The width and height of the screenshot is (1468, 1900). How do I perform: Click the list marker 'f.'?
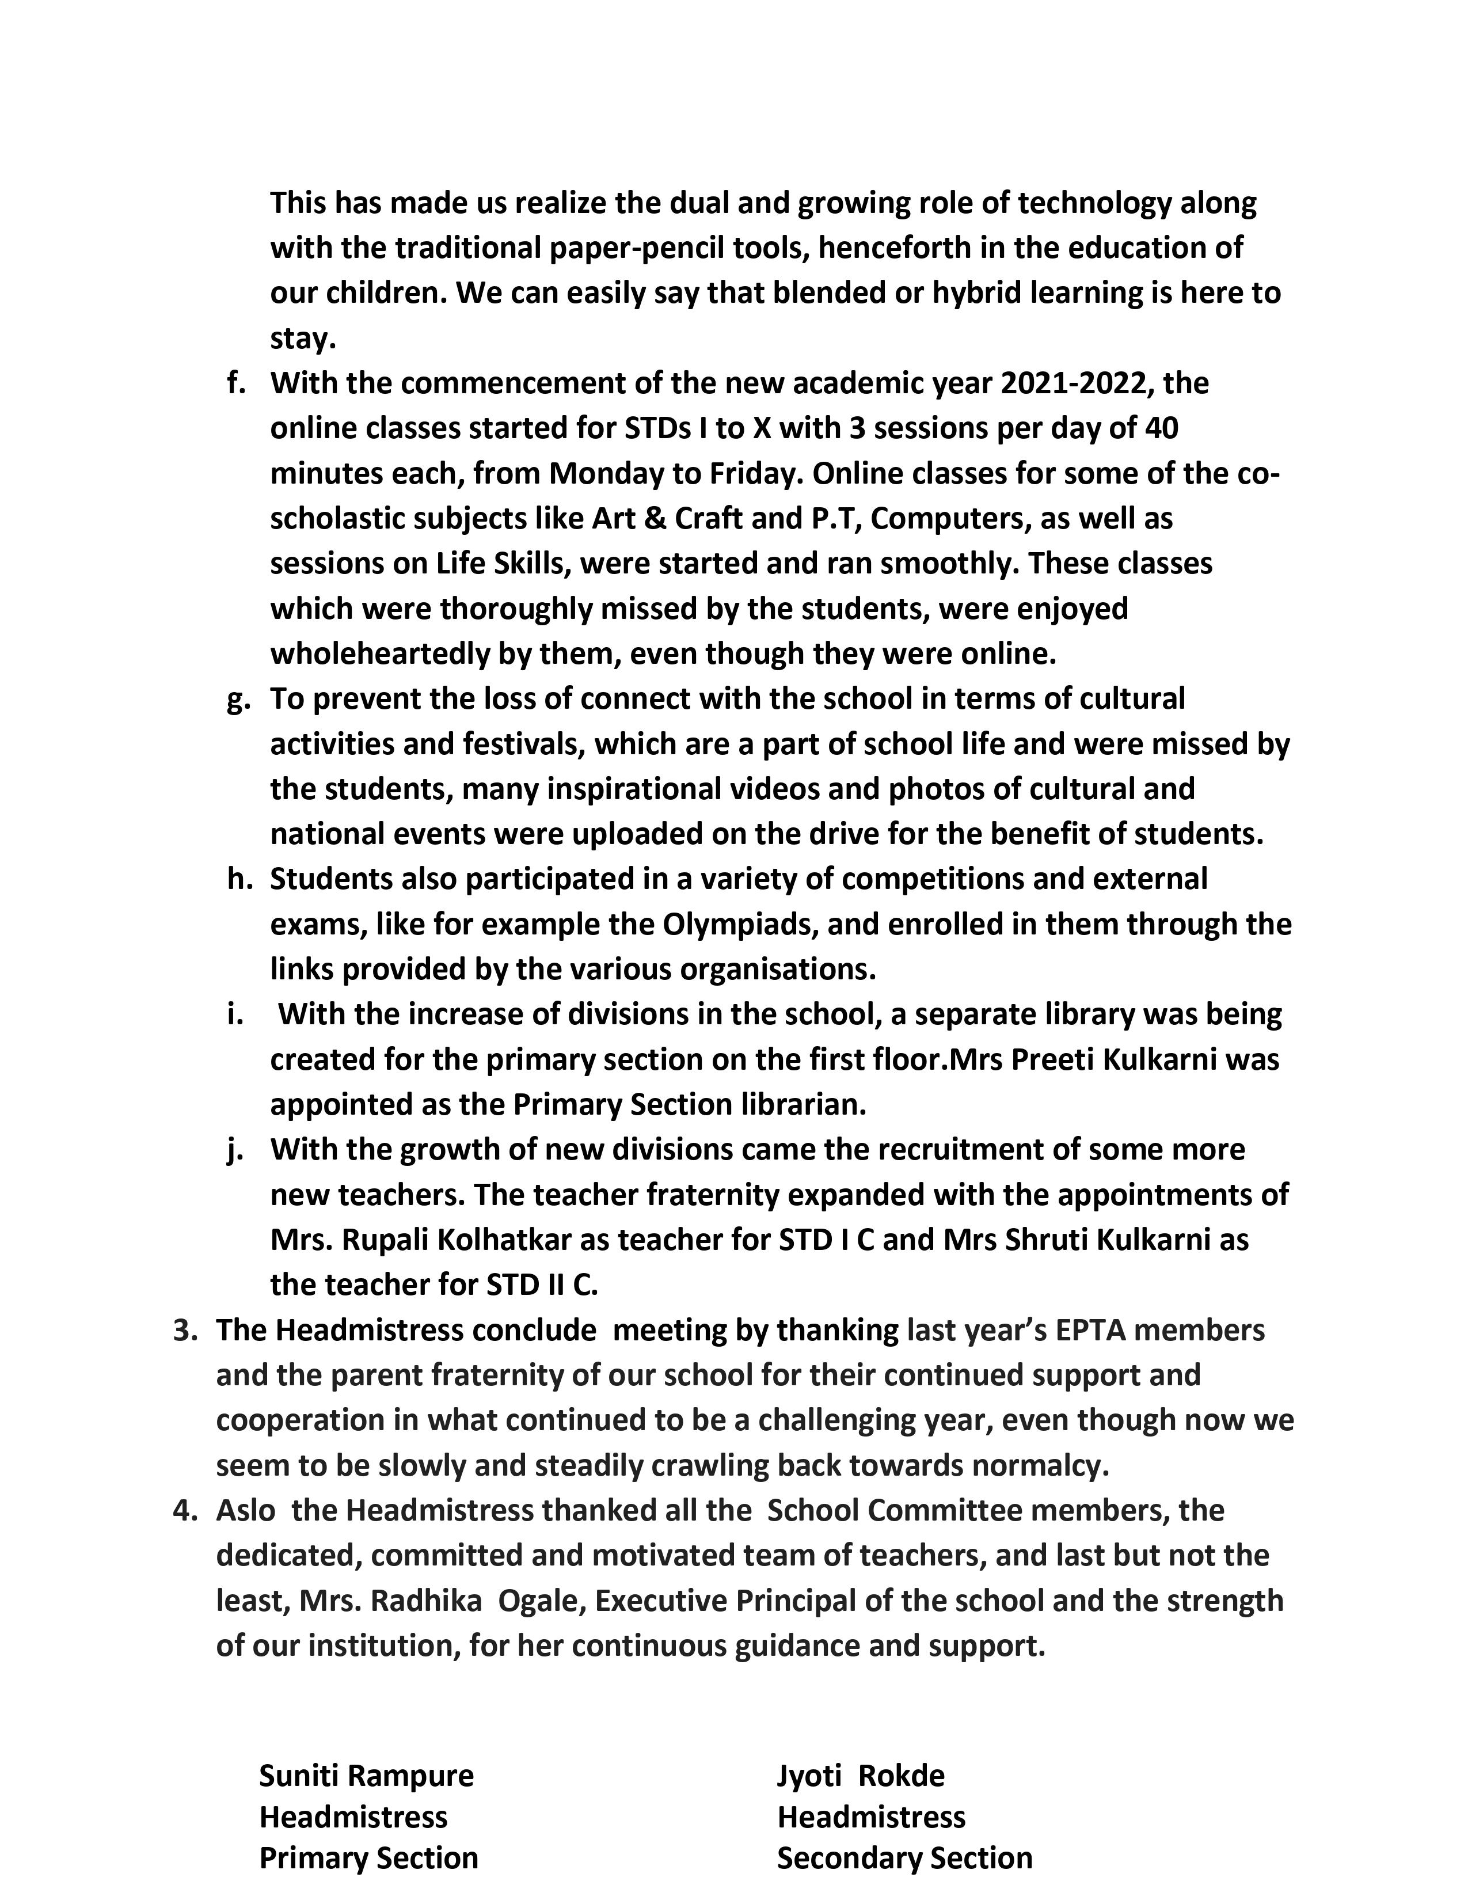(x=235, y=383)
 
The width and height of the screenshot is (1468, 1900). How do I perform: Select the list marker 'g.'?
(x=237, y=700)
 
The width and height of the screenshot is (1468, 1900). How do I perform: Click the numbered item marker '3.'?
(x=185, y=1330)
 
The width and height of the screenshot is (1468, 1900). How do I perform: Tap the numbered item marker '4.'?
(x=185, y=1510)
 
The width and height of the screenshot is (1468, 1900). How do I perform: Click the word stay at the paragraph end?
(x=301, y=339)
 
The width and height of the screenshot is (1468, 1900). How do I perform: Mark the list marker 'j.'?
(x=233, y=1150)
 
